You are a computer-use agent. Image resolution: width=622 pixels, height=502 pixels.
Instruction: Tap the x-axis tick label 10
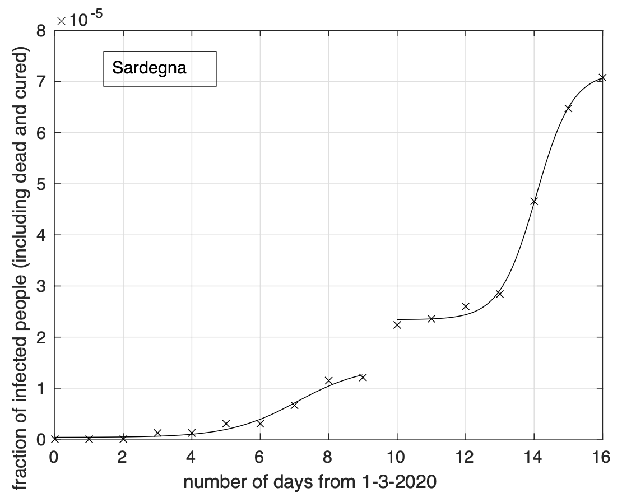click(x=397, y=457)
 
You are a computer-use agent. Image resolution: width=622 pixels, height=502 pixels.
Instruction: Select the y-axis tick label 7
click(x=41, y=82)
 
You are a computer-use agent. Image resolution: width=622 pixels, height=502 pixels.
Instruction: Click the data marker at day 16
click(x=602, y=78)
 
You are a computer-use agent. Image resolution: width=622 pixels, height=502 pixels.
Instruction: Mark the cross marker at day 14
click(x=534, y=201)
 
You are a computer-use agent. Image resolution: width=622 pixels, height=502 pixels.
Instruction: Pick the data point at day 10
click(x=397, y=324)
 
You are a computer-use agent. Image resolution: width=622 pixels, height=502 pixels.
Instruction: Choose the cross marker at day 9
click(x=363, y=377)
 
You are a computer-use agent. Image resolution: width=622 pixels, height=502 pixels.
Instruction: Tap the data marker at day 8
click(x=328, y=380)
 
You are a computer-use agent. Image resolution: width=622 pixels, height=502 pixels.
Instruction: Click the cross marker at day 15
click(x=568, y=108)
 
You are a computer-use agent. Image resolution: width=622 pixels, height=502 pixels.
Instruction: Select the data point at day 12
click(x=465, y=306)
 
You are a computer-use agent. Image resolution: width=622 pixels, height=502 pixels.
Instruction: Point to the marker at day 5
click(x=226, y=424)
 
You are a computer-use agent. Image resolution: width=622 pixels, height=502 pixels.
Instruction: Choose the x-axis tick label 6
click(x=260, y=457)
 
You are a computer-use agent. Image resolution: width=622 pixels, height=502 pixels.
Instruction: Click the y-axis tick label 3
click(x=41, y=286)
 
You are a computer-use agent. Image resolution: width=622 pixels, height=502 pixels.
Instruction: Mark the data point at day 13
click(x=499, y=294)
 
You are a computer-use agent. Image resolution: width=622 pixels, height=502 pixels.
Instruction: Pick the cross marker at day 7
click(x=294, y=405)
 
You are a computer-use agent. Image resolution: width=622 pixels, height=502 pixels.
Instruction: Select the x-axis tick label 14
click(x=533, y=457)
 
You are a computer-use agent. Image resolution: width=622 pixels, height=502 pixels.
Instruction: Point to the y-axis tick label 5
click(x=41, y=184)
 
